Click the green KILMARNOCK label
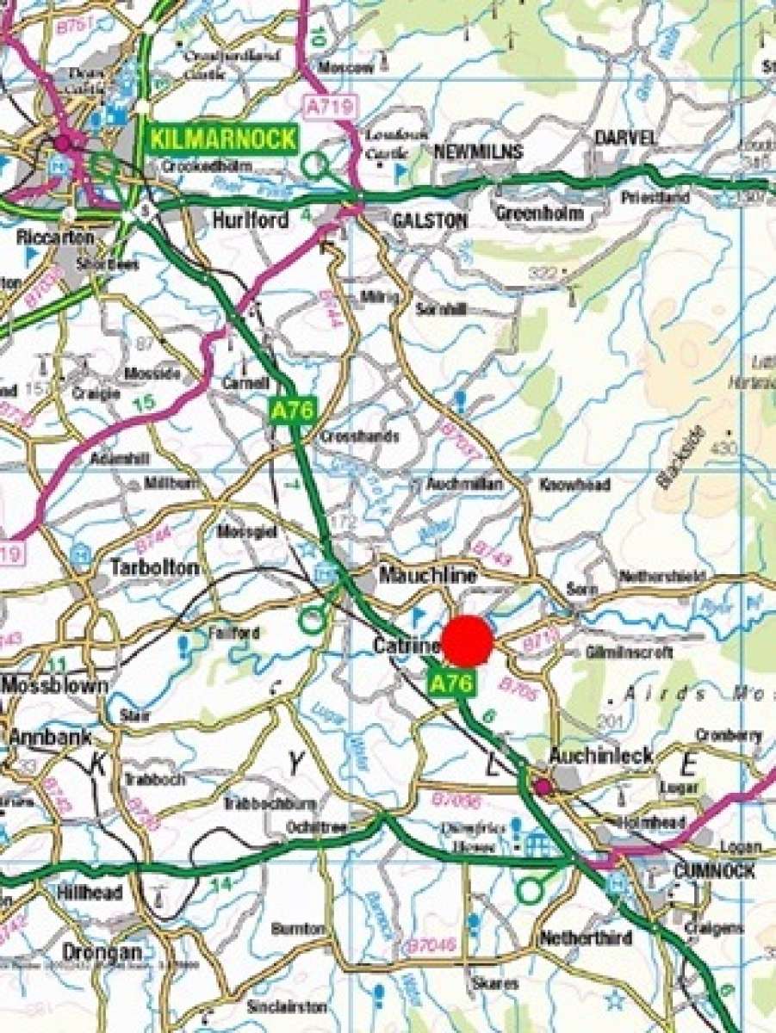[224, 139]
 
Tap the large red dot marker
[467, 641]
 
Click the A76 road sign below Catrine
[451, 684]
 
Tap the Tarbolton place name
[155, 568]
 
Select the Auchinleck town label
[602, 757]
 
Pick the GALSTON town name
[430, 221]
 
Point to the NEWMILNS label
[478, 152]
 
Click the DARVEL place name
[625, 139]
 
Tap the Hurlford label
[250, 221]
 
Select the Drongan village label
[102, 953]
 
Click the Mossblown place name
[55, 686]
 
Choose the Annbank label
[52, 738]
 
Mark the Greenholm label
[540, 213]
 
